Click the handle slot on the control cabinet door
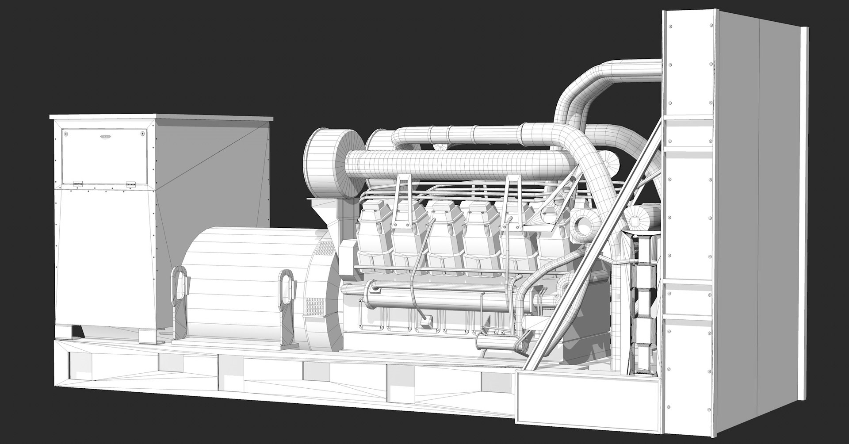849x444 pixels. point(105,136)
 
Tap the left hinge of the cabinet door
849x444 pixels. point(78,183)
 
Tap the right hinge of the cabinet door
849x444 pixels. point(130,184)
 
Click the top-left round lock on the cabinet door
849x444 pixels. point(66,132)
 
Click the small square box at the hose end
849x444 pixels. point(426,323)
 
